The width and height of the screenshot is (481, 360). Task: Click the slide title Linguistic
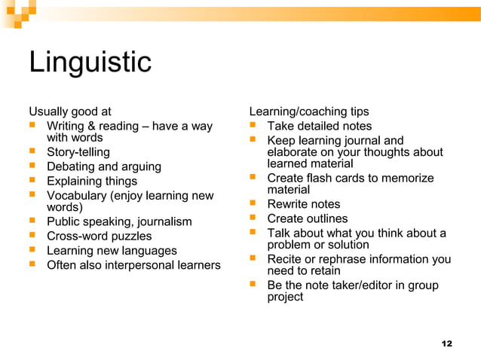point(90,62)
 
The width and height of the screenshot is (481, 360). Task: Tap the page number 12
point(446,343)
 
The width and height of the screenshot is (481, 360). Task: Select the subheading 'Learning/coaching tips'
point(309,111)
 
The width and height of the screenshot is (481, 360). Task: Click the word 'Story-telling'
point(78,152)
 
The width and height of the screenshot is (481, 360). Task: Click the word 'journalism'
point(161,221)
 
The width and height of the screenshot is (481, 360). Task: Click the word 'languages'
point(146,250)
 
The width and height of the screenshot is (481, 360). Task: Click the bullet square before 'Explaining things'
point(32,181)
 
